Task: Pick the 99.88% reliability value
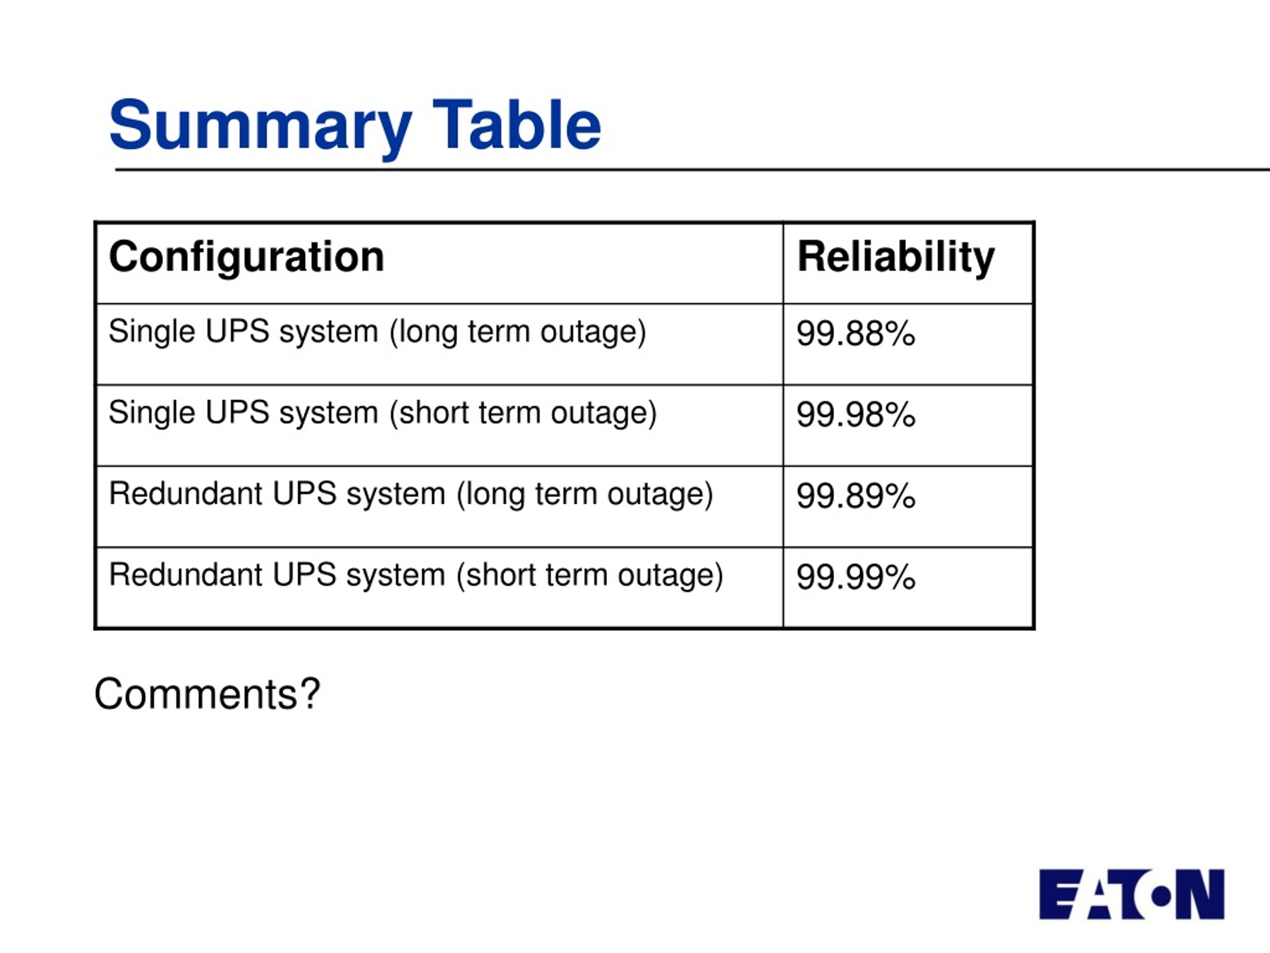[855, 334]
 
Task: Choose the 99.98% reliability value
[855, 415]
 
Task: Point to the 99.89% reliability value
[855, 496]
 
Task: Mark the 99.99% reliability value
[855, 577]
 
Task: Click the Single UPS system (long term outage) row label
[377, 333]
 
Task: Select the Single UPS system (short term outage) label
[382, 413]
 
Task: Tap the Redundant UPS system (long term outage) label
[410, 494]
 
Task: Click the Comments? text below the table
[207, 694]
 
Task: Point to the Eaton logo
[1132, 894]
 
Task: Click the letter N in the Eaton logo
[1200, 894]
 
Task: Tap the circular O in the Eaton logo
[1161, 896]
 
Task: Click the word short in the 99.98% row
[434, 412]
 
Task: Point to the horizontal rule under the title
[693, 169]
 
